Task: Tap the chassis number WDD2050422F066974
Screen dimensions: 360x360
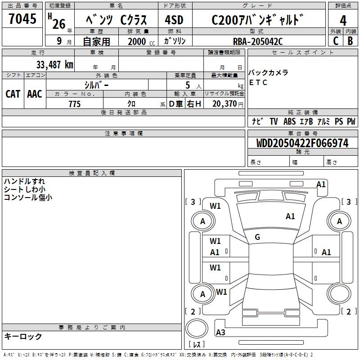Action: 302,144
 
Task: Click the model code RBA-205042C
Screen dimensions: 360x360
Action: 258,41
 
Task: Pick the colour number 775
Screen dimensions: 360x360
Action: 75,104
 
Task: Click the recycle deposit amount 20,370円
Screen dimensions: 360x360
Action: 225,104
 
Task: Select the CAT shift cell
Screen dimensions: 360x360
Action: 13,94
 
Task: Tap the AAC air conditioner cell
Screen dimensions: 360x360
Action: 35,94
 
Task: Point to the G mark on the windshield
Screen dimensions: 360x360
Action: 257,237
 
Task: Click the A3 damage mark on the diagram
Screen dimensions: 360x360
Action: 221,333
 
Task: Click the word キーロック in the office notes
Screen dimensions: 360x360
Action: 23,337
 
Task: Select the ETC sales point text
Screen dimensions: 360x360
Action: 258,82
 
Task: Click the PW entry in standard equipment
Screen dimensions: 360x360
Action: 351,121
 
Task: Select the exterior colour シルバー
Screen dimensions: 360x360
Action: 96,85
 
